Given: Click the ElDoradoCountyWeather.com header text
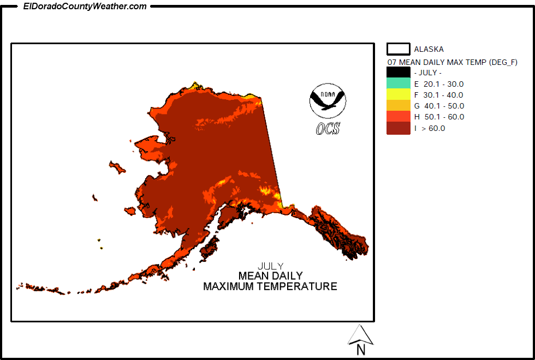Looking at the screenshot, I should click(x=85, y=7).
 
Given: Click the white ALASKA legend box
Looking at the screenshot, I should click(x=399, y=49).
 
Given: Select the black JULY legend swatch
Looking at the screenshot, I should click(x=398, y=73).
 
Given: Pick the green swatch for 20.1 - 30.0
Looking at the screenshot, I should click(x=398, y=83).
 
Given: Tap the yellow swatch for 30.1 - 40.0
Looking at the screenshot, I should click(x=398, y=94).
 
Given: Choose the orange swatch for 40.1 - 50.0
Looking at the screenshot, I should click(x=398, y=105).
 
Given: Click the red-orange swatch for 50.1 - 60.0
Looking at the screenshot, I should click(x=398, y=117).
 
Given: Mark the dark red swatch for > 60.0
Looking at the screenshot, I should click(x=398, y=128).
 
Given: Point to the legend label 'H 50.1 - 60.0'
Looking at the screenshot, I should click(x=439, y=117).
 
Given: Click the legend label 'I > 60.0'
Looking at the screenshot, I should click(x=430, y=128).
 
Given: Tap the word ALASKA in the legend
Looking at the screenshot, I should click(x=429, y=49).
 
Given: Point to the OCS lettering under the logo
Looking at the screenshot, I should click(x=328, y=128).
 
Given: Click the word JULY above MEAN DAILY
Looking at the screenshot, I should click(x=270, y=266).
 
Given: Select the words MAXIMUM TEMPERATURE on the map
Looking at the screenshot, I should click(x=270, y=286).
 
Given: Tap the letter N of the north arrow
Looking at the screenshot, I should click(x=360, y=350).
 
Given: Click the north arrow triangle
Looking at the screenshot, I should click(x=360, y=334).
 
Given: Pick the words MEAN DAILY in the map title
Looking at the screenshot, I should click(x=270, y=276).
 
